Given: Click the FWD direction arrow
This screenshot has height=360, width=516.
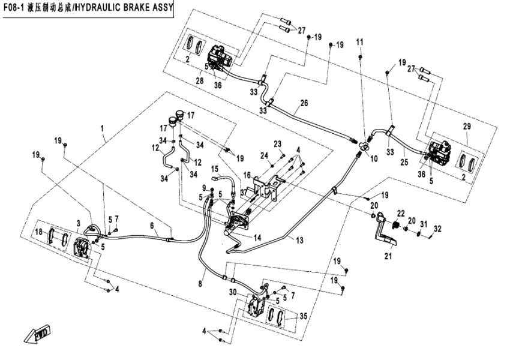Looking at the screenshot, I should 37,332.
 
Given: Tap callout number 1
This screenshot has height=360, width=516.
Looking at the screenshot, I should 103,128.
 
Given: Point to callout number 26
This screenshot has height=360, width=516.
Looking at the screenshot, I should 304,103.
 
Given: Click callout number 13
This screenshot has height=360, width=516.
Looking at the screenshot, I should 299,240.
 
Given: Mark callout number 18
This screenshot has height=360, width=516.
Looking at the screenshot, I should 38,232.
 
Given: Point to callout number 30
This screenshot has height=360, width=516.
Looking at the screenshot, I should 232,293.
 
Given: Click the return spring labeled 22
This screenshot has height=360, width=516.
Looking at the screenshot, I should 395,224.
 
